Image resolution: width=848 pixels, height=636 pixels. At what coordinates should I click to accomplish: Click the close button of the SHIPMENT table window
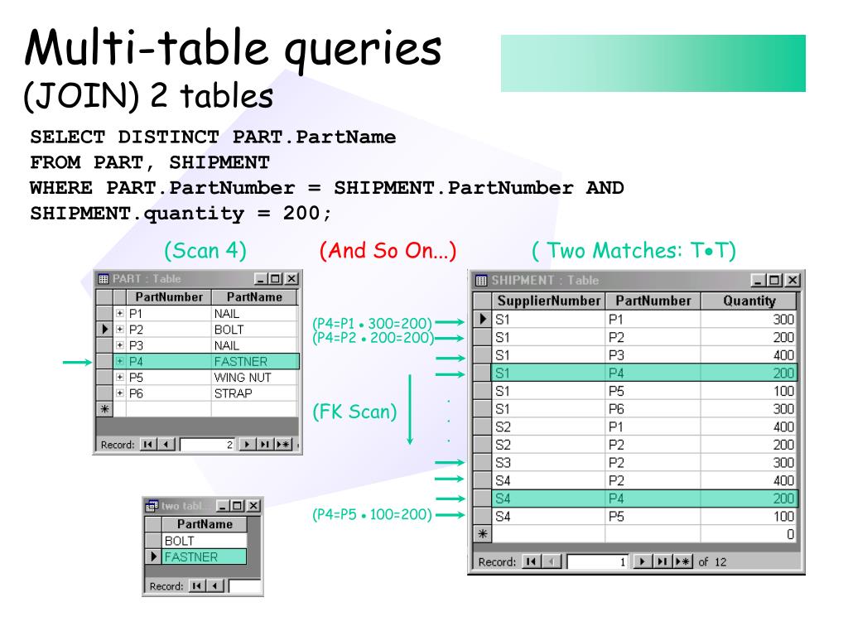793,280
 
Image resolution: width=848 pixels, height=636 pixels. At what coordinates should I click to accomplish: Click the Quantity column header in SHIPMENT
749,301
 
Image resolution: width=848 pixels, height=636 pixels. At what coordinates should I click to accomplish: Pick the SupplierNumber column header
548,301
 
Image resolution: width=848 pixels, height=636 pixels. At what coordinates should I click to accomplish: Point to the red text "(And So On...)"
388,250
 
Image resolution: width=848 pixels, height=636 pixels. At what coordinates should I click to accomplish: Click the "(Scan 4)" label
205,250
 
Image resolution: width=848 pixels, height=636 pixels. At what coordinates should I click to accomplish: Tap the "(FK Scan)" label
354,411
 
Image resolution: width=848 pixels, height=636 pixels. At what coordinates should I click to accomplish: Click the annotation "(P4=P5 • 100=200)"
372,514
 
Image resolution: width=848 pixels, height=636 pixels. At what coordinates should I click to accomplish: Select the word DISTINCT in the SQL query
168,137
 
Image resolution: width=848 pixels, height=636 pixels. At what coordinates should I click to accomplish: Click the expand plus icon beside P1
120,314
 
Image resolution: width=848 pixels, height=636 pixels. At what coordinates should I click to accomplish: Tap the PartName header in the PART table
254,296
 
